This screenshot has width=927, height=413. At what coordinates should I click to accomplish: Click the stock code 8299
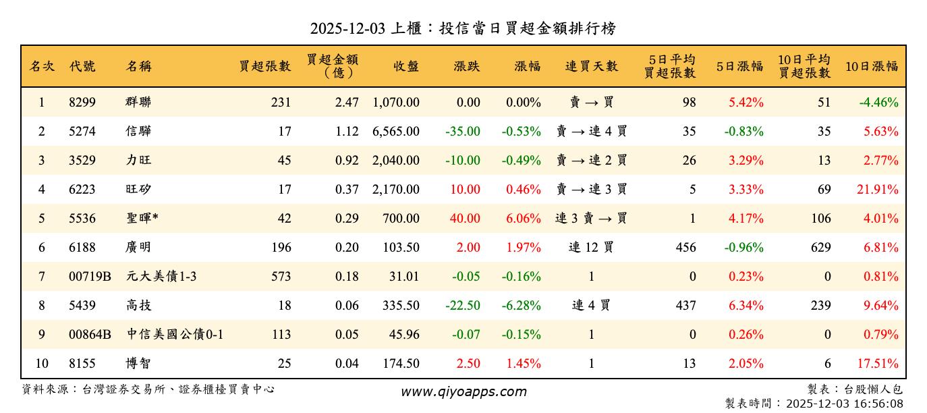pyautogui.click(x=82, y=103)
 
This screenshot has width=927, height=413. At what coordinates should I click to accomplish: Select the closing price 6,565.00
pyautogui.click(x=395, y=132)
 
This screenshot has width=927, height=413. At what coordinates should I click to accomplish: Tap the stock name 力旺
pyautogui.click(x=138, y=161)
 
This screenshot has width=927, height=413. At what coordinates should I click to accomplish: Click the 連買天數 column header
pyautogui.click(x=591, y=66)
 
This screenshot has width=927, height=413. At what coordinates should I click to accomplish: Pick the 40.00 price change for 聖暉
pyautogui.click(x=465, y=219)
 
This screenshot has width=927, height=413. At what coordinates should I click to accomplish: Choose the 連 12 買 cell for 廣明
pyautogui.click(x=591, y=248)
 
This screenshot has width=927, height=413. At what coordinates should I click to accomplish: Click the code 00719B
pyautogui.click(x=89, y=277)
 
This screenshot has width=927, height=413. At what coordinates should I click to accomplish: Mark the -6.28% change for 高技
pyautogui.click(x=521, y=306)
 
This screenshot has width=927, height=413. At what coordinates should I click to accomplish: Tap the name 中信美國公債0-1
pyautogui.click(x=175, y=335)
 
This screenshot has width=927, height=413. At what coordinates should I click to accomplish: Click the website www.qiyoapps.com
pyautogui.click(x=463, y=391)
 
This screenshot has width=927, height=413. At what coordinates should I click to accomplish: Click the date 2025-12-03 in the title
pyautogui.click(x=347, y=28)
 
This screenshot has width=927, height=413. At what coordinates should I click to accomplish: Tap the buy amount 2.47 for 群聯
pyautogui.click(x=347, y=103)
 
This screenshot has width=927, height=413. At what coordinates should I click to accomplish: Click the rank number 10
pyautogui.click(x=42, y=364)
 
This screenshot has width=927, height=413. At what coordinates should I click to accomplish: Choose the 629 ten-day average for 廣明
pyautogui.click(x=820, y=248)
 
